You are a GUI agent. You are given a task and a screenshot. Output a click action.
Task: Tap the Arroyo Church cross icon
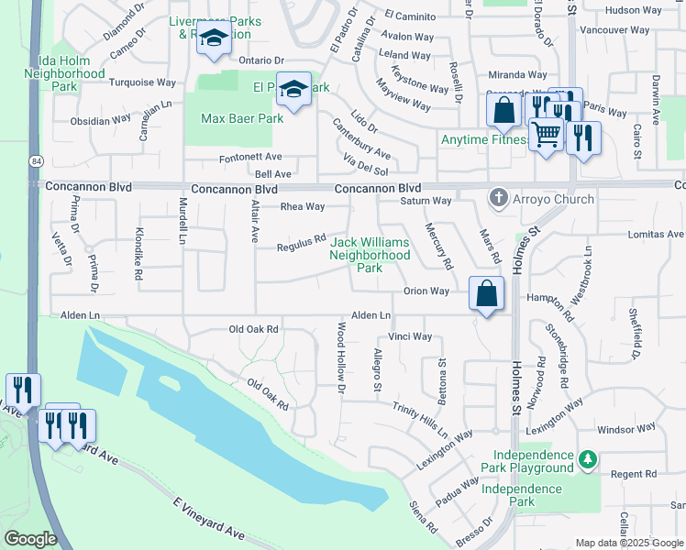point(499,198)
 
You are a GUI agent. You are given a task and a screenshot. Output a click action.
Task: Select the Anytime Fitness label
point(484,140)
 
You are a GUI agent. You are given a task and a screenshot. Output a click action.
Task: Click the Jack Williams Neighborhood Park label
point(370,255)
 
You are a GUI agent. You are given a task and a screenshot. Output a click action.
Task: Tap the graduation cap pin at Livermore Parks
point(213,39)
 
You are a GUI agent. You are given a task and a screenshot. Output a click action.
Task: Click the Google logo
point(31,539)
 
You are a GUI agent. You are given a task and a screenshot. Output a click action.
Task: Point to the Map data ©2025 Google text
point(630,543)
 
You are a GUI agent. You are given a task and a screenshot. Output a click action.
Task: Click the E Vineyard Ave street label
point(210,519)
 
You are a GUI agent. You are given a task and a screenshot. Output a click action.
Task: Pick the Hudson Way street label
point(633,10)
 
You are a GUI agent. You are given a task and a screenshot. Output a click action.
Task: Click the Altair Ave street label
point(253,223)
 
